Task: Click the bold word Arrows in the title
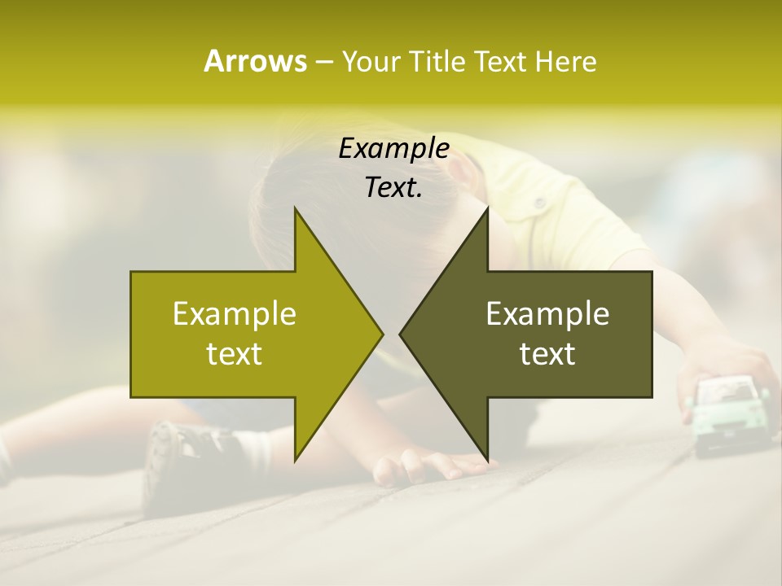(255, 61)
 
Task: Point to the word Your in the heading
(371, 62)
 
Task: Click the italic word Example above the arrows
(393, 149)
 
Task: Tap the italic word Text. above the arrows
(393, 188)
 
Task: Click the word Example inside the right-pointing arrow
(235, 314)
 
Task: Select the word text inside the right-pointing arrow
(235, 354)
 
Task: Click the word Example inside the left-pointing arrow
(547, 314)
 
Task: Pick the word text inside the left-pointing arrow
(547, 354)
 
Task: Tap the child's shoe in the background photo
(183, 456)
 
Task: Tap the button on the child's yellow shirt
(538, 201)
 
